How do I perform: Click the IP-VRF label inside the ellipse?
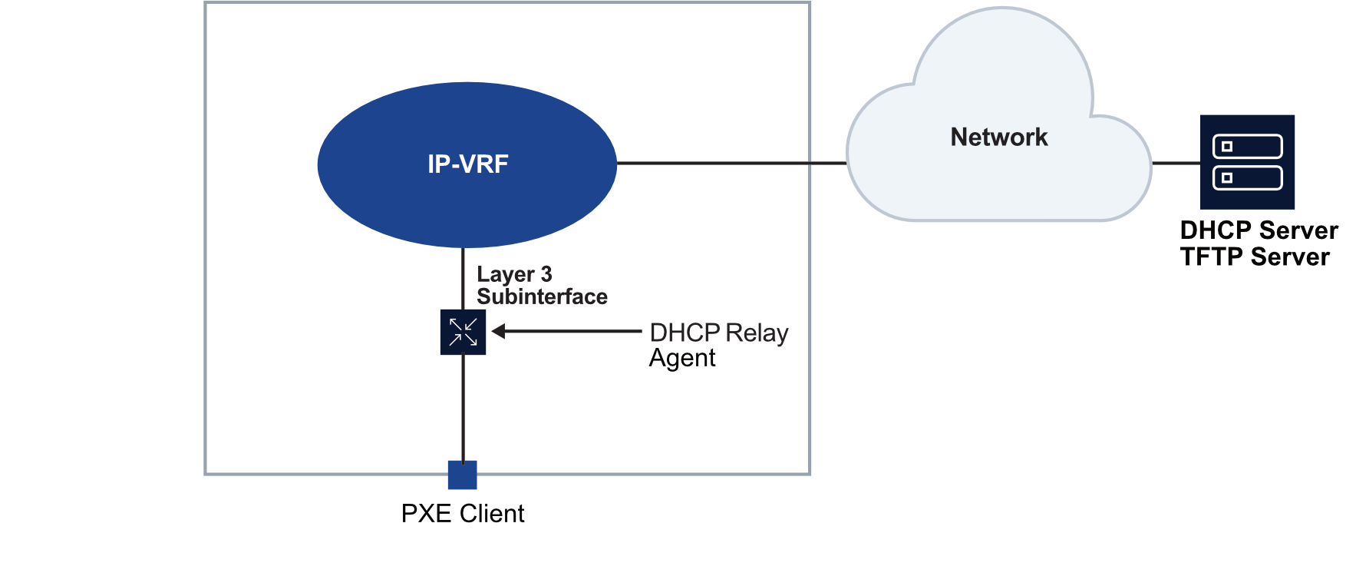tap(467, 164)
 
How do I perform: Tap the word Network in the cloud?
tap(998, 137)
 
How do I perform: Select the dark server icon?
tap(1247, 162)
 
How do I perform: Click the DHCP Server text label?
tap(1259, 230)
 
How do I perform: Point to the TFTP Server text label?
tap(1255, 257)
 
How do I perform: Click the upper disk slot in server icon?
tap(1247, 147)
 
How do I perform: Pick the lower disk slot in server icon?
tap(1247, 178)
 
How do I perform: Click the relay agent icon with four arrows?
tap(463, 332)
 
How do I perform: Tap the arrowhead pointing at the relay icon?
tap(499, 332)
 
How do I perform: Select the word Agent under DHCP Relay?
tap(682, 358)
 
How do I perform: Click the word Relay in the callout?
tap(757, 333)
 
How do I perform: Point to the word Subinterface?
tap(542, 296)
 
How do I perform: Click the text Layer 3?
tap(514, 274)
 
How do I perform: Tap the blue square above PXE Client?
tap(463, 475)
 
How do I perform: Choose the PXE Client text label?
tap(463, 514)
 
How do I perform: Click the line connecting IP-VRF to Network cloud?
tap(729, 163)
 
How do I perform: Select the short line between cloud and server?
tap(1176, 163)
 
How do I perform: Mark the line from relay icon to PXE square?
tap(463, 407)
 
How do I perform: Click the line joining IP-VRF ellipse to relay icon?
tap(463, 278)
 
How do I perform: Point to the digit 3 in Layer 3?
tap(546, 274)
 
